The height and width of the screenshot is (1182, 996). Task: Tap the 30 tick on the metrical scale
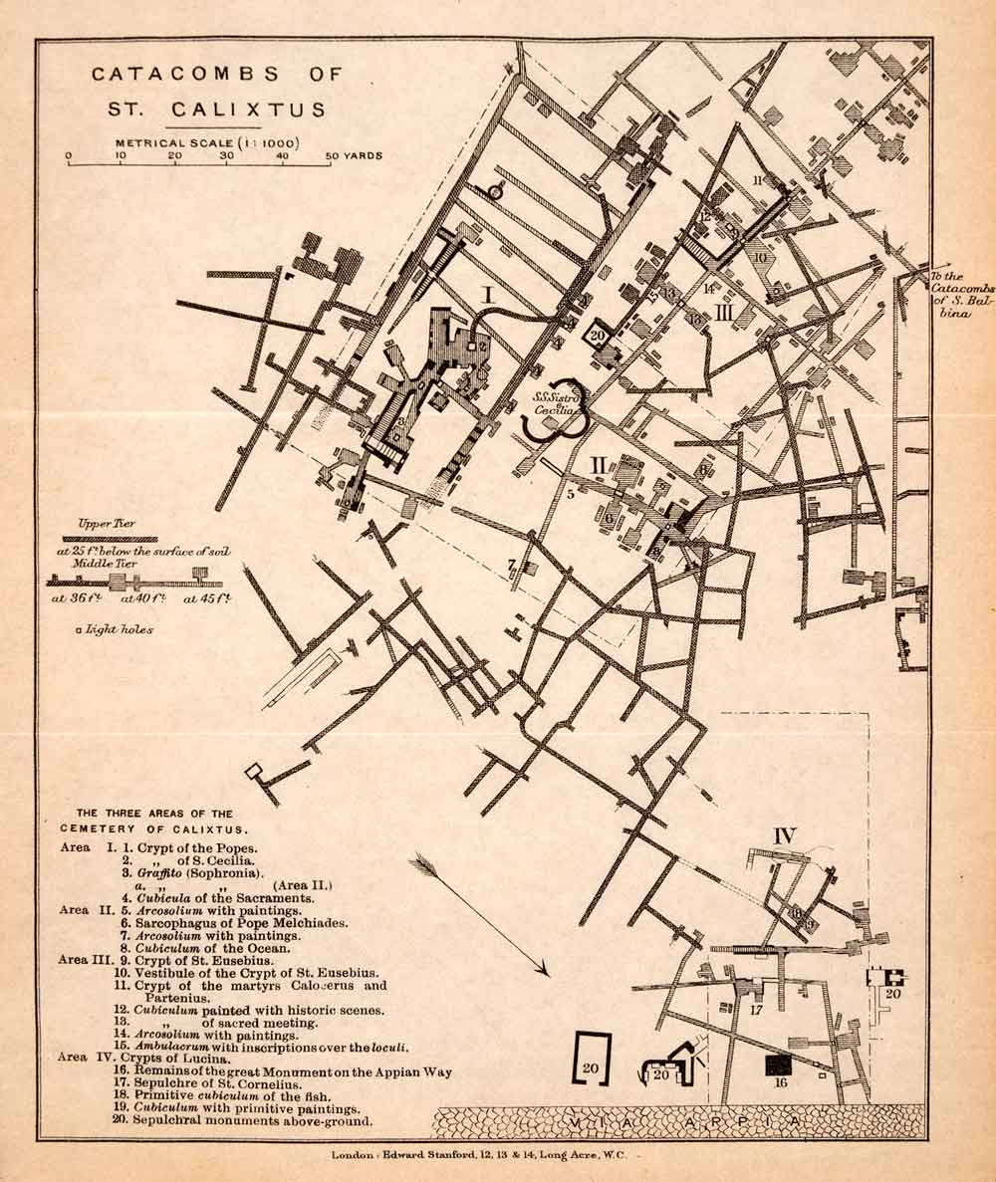coord(227,156)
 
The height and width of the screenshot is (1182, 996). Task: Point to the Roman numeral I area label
coord(489,294)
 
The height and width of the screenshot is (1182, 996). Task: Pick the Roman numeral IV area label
coord(784,836)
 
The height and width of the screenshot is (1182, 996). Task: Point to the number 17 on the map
coord(756,1009)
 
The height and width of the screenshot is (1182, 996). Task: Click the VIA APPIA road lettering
coord(677,1123)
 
